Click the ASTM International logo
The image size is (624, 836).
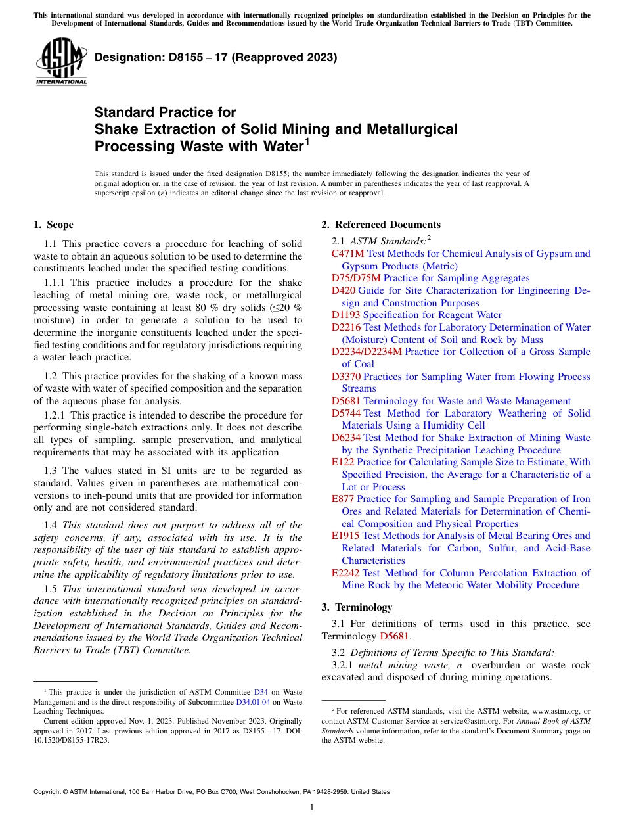click(x=61, y=62)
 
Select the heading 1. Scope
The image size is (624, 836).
click(x=53, y=225)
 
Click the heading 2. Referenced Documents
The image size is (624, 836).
click(x=381, y=225)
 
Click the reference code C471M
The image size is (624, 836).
click(x=347, y=254)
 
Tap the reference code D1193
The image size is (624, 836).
click(x=345, y=315)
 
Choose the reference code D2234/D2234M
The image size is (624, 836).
click(x=367, y=352)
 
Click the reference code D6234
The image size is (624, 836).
click(x=346, y=438)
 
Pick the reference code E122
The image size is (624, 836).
click(x=343, y=462)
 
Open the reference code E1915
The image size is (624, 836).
click(x=345, y=536)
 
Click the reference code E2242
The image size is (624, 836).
click(x=345, y=572)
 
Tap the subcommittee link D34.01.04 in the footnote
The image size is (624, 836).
click(x=259, y=701)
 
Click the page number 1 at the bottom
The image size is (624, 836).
click(x=312, y=808)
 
